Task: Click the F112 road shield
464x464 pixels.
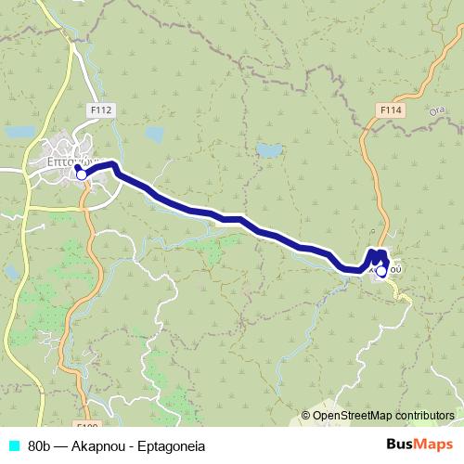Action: [x=101, y=110]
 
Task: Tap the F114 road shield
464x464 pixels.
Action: [x=391, y=110]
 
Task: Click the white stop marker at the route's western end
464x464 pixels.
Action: [x=81, y=174]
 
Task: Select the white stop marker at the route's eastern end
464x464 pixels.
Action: [x=380, y=272]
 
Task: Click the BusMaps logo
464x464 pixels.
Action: [x=419, y=445]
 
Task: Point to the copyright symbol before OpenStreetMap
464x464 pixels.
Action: [x=306, y=415]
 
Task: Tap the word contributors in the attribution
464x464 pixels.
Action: [x=425, y=415]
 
